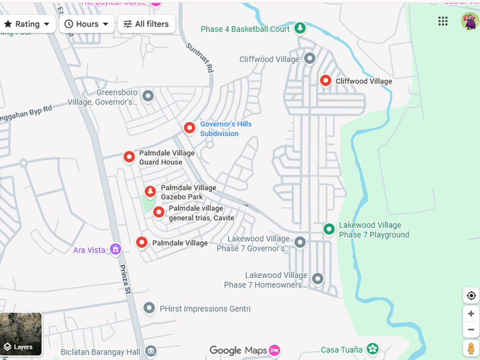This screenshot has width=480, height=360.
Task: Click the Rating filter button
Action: click(x=27, y=24)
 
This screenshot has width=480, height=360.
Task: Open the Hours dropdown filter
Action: click(x=87, y=24)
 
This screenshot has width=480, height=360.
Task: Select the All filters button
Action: click(x=147, y=24)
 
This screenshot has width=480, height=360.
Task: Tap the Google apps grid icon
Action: click(x=443, y=21)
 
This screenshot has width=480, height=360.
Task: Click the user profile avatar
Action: click(x=469, y=21)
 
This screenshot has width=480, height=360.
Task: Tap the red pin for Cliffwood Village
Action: click(x=326, y=81)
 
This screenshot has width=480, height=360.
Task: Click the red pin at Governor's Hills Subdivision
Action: click(x=189, y=127)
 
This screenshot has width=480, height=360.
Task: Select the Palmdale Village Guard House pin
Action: click(x=129, y=157)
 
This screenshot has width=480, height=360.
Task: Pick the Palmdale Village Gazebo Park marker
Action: click(x=150, y=192)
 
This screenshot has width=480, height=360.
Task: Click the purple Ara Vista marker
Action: click(x=115, y=249)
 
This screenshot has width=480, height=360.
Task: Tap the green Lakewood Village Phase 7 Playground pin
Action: click(x=329, y=229)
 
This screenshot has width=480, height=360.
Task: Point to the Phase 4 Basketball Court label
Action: click(x=245, y=29)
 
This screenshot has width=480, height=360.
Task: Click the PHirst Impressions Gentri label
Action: click(x=205, y=309)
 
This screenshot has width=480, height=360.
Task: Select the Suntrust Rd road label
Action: click(x=201, y=58)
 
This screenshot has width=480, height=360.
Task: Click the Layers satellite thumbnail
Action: click(x=21, y=334)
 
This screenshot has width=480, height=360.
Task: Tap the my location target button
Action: click(x=471, y=296)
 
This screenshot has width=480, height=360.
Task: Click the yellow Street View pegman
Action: click(x=471, y=348)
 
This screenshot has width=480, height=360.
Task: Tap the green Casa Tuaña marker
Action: click(x=372, y=349)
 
